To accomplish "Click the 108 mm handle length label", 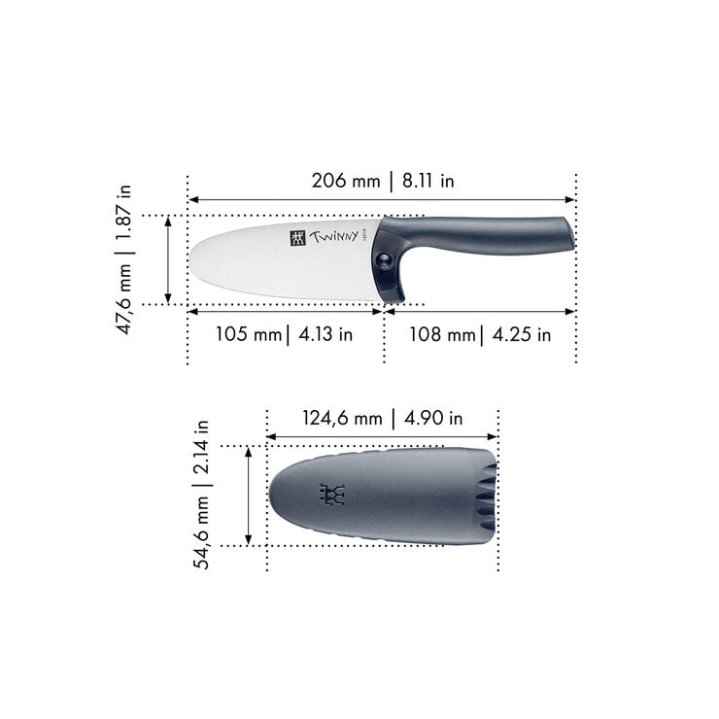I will (443, 335).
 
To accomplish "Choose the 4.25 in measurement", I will (521, 335).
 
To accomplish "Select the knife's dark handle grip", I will (486, 233).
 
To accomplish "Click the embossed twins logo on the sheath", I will (333, 495).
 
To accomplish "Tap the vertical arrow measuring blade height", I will (168, 260).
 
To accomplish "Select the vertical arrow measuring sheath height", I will (249, 496).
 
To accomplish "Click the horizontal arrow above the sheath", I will (382, 436).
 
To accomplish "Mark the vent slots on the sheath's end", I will (485, 496).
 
